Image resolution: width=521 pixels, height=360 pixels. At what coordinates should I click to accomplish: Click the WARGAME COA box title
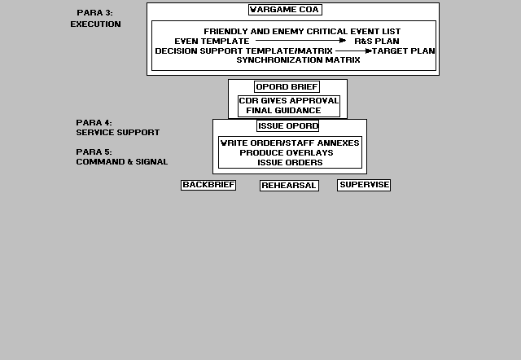285,10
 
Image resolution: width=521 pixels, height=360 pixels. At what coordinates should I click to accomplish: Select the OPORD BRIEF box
287,87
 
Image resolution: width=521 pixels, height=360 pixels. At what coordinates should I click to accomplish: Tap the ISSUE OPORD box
287,126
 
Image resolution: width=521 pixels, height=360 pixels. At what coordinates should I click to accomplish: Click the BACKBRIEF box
208,185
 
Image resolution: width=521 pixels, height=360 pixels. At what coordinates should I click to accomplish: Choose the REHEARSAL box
289,186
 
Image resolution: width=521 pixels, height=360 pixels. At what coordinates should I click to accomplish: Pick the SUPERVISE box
364,185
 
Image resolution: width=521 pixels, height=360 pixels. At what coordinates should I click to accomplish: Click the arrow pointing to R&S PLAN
300,41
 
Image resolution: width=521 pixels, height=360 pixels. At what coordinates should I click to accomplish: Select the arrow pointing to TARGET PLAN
353,50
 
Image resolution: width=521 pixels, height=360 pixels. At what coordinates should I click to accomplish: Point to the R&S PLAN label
377,42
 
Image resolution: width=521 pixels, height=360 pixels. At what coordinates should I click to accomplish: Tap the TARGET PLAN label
404,50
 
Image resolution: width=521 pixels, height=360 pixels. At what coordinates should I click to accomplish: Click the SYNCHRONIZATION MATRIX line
298,60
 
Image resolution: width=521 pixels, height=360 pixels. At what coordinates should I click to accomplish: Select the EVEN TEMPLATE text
212,42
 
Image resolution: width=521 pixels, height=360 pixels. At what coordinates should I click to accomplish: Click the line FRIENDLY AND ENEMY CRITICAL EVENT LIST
302,32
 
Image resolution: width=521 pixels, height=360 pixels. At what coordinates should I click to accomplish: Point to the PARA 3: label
94,13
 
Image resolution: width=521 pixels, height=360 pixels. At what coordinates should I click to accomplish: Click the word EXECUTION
96,24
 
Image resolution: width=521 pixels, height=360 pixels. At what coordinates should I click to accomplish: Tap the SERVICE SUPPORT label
117,132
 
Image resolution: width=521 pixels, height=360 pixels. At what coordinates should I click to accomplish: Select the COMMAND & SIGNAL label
121,162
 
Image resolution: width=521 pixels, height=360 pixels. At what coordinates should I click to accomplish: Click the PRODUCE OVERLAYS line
287,152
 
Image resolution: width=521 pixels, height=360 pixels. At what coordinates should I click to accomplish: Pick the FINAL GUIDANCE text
283,110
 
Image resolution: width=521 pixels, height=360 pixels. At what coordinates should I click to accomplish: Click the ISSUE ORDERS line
290,163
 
